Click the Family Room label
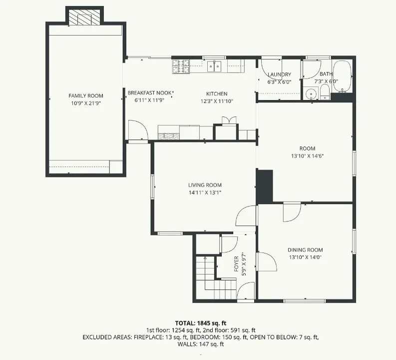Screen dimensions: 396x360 pos(86,96)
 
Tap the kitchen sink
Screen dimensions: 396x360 pos(214,66)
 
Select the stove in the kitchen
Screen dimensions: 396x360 pos(181,66)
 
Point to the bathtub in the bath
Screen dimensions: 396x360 pos(342,76)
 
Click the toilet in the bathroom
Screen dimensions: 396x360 pos(325,92)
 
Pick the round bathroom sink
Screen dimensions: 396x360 pos(311,93)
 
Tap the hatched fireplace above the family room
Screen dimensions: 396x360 pos(84,17)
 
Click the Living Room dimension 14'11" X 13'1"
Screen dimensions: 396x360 pos(205,192)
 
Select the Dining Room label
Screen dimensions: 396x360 pos(305,250)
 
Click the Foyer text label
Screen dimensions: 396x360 pos(236,264)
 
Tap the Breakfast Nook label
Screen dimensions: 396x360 pos(149,93)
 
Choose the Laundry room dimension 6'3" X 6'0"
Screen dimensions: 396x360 pos(279,82)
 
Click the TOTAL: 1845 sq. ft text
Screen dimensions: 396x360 pos(201,323)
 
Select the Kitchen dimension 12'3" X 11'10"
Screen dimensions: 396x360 pos(217,101)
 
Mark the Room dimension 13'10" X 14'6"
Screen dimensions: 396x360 pos(307,156)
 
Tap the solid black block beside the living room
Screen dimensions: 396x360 pos(265,186)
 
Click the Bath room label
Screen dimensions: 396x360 pos(326,74)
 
